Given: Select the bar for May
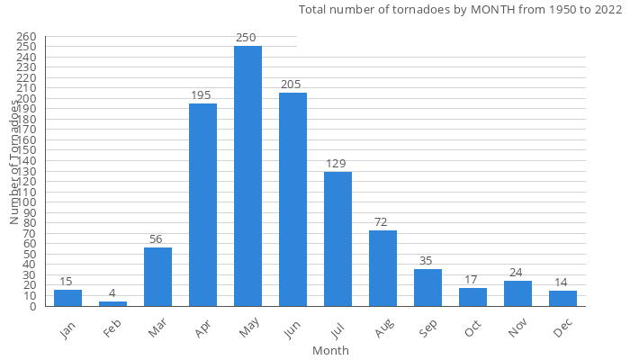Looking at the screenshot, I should point(247,175).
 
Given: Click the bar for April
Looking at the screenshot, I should point(202,204).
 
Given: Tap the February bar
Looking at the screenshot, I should point(112,303).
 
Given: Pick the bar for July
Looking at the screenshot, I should point(337,238).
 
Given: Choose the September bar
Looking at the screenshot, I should point(427,287).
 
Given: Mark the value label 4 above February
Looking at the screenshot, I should point(112,293).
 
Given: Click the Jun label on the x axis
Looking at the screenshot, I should point(293,329).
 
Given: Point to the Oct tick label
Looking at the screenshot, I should point(473,329).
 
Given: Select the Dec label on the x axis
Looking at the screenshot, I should point(563,329).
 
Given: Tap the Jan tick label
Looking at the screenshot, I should point(68,329).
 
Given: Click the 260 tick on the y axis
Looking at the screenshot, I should point(26,37).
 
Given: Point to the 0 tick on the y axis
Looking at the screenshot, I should point(33,306).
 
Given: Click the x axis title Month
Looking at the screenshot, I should point(330,350).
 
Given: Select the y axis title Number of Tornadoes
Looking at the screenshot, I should point(15,162).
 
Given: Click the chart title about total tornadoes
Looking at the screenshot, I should point(460,10).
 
